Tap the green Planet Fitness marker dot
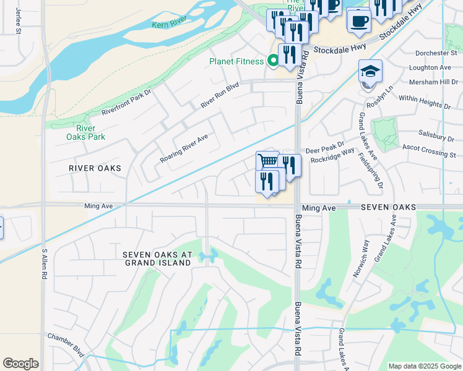(272, 61)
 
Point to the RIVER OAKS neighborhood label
(95, 168)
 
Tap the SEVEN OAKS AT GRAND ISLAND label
(157, 258)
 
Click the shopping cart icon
(267, 161)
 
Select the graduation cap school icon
(370, 70)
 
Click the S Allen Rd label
(45, 265)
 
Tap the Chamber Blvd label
(65, 343)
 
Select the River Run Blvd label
(219, 96)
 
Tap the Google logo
(20, 364)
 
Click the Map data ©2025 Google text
(424, 366)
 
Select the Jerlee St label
(18, 21)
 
